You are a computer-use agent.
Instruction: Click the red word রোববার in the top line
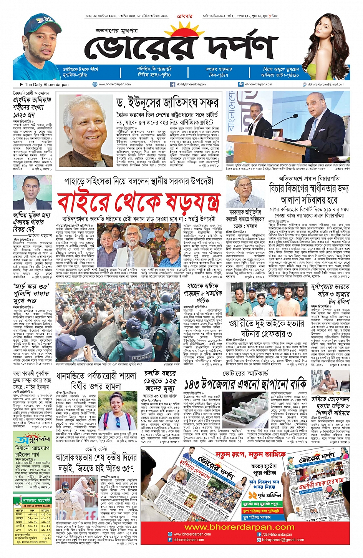[184, 17]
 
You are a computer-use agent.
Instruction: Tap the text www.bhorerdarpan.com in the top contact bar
[114, 84]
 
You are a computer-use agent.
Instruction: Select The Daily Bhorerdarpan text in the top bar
[46, 85]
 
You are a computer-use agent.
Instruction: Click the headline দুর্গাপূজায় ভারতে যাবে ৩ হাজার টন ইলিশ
[330, 294]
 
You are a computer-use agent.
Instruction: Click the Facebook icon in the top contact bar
[173, 84]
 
